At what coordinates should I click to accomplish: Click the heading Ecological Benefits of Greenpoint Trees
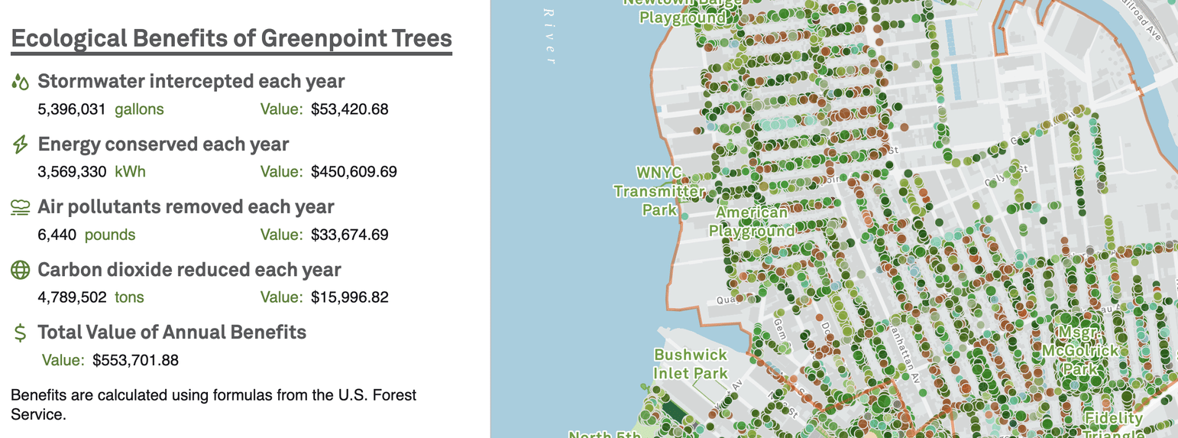coord(231,39)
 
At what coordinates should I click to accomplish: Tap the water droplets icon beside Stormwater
coord(21,82)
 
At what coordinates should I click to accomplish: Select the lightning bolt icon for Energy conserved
coord(21,144)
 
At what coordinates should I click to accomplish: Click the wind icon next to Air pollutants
coord(21,207)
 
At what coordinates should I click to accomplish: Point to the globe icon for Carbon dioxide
coord(21,270)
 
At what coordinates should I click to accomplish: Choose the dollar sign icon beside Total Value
coord(21,333)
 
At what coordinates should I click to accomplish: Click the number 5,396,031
coord(72,109)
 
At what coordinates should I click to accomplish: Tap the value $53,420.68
coord(350,109)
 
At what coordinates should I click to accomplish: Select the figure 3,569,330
coord(72,172)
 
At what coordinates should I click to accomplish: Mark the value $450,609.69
coord(354,172)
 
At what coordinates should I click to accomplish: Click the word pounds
coord(110,235)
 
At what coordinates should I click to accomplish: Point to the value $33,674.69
coord(350,235)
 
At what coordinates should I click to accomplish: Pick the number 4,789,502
coord(72,297)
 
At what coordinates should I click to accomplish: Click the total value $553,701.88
coord(135,360)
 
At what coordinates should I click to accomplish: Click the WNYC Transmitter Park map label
coord(659,190)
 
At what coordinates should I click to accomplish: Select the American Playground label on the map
coord(752,222)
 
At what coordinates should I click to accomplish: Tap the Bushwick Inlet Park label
coord(691,364)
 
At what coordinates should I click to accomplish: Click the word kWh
coord(130,172)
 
